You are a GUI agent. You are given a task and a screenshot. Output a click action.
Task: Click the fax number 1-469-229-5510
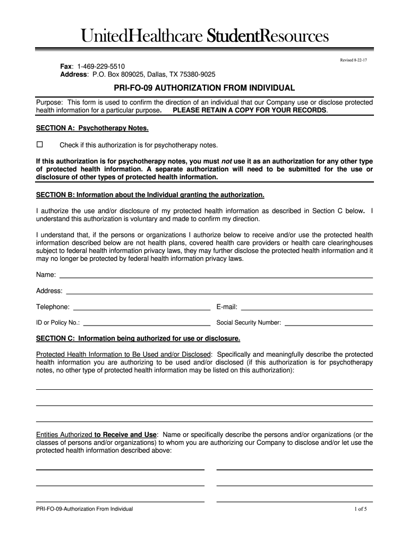coord(101,66)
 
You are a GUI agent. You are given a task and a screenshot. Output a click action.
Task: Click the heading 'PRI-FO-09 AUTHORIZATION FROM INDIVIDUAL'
coord(204,87)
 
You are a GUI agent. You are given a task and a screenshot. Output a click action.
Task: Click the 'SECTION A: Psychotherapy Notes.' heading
coord(92,128)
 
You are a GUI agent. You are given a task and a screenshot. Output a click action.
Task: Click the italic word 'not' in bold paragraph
coord(227,161)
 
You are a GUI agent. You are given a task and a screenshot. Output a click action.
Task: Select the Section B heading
coord(150,195)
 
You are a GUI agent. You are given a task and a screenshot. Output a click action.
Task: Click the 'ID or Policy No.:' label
coord(58,322)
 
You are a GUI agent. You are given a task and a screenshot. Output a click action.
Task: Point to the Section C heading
coord(138,338)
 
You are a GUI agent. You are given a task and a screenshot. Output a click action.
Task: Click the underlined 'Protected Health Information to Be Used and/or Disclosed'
coord(123,354)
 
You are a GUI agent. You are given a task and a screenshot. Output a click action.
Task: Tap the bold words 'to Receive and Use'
coord(125,434)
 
